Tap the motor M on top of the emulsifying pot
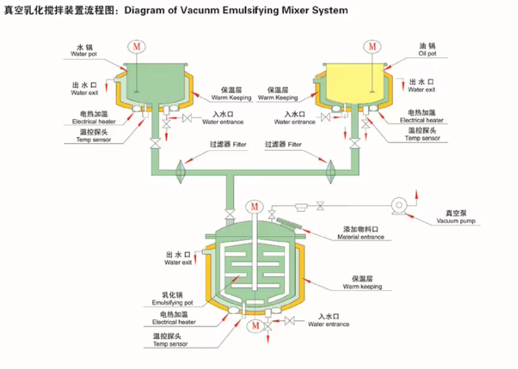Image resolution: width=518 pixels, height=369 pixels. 254,207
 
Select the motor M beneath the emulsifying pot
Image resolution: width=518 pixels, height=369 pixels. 254,327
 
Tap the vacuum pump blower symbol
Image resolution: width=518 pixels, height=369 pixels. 399,206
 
